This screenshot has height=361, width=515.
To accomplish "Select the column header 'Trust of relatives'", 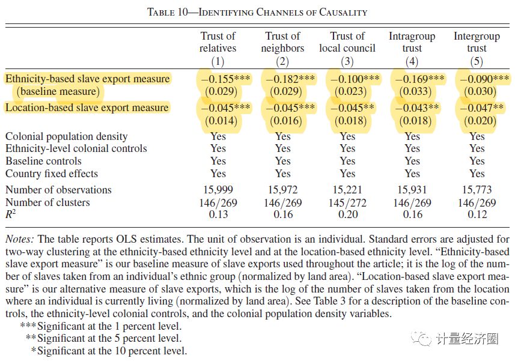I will (218, 42).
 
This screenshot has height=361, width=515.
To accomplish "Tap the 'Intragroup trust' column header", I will (412, 42).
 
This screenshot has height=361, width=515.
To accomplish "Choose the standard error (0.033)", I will (412, 91).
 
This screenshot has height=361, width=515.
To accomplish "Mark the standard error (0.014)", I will (218, 121).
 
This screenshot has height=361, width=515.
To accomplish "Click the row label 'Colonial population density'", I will (67, 136).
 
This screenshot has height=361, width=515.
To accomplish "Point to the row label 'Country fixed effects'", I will (52, 174).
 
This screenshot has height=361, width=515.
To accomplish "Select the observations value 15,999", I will (218, 190).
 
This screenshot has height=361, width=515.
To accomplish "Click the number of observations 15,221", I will (347, 190).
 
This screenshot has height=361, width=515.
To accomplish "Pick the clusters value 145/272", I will (347, 202).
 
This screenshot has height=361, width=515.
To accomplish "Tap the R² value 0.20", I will (347, 214).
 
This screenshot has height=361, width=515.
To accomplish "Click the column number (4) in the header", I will (412, 61).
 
